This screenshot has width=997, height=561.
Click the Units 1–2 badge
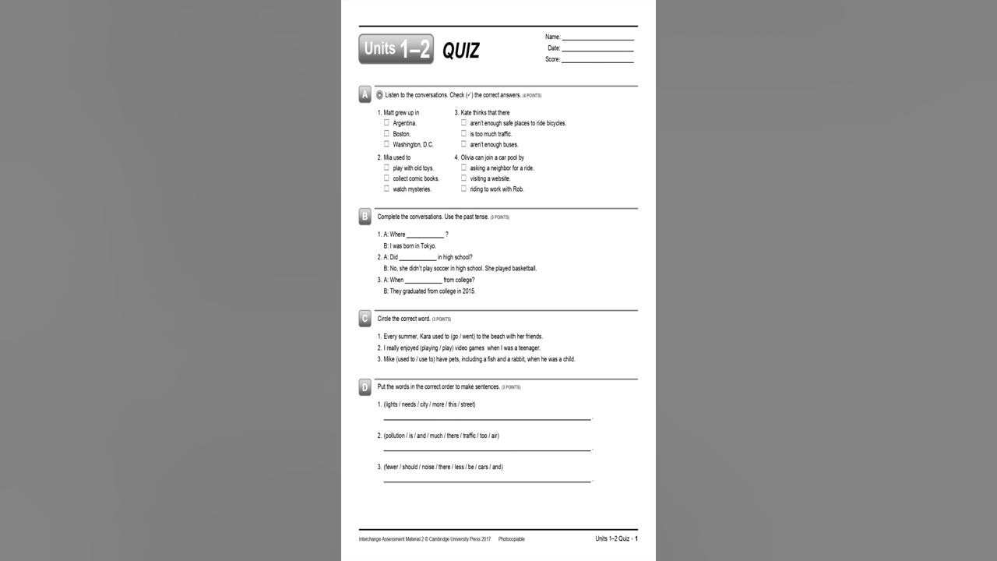pyautogui.click(x=396, y=49)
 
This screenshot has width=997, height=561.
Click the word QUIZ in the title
pyautogui.click(x=461, y=51)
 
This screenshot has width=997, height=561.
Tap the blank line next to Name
pyautogui.click(x=597, y=37)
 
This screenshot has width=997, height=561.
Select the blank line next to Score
pyautogui.click(x=597, y=60)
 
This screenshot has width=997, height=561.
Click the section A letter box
pyautogui.click(x=365, y=95)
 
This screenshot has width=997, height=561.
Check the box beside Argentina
pyautogui.click(x=386, y=122)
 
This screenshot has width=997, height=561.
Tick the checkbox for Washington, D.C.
pyautogui.click(x=386, y=144)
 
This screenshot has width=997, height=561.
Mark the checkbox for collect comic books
pyautogui.click(x=386, y=178)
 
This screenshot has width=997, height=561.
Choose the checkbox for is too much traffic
pyautogui.click(x=463, y=133)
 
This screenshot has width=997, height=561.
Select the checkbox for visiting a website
pyautogui.click(x=463, y=178)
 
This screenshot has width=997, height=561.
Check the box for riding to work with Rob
pyautogui.click(x=463, y=189)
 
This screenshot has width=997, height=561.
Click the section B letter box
pyautogui.click(x=365, y=217)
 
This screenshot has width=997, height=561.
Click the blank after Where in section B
pyautogui.click(x=425, y=235)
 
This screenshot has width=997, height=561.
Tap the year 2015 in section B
pyautogui.click(x=467, y=291)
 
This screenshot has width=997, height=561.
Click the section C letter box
pyautogui.click(x=365, y=319)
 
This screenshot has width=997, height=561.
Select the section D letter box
pyautogui.click(x=365, y=387)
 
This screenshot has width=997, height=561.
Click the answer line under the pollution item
pyautogui.click(x=487, y=450)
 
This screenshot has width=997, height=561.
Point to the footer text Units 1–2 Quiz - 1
pyautogui.click(x=616, y=538)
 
